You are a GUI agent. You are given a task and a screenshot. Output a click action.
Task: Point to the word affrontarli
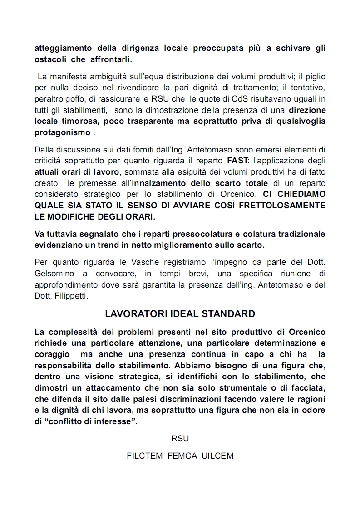point(111,59)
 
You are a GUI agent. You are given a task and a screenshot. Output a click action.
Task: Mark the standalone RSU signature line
point(180,438)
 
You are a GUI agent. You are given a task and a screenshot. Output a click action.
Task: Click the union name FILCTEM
point(145,456)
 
